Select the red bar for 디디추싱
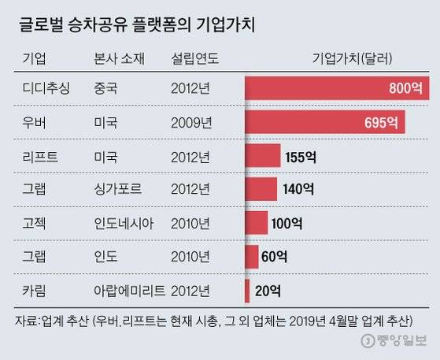(338, 88)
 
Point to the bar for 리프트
(262, 155)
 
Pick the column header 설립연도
(193, 59)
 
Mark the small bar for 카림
(247, 291)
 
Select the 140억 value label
(298, 189)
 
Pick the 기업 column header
(34, 59)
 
